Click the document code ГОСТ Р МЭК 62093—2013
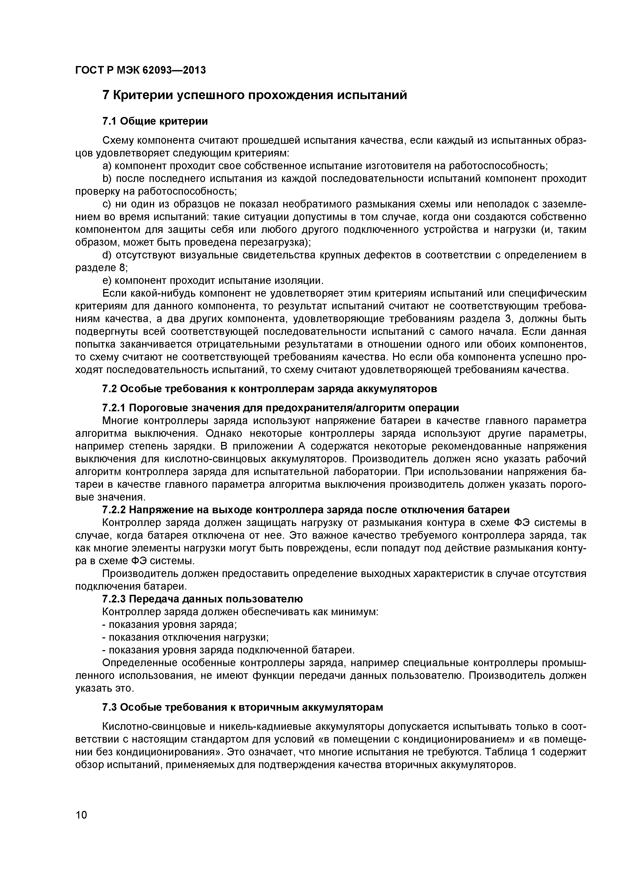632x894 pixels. click(x=140, y=71)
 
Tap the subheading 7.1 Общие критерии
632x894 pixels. click(x=155, y=122)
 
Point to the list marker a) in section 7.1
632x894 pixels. click(x=107, y=166)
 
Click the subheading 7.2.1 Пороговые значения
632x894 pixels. click(x=280, y=408)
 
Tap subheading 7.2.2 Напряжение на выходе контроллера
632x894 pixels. click(x=305, y=510)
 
